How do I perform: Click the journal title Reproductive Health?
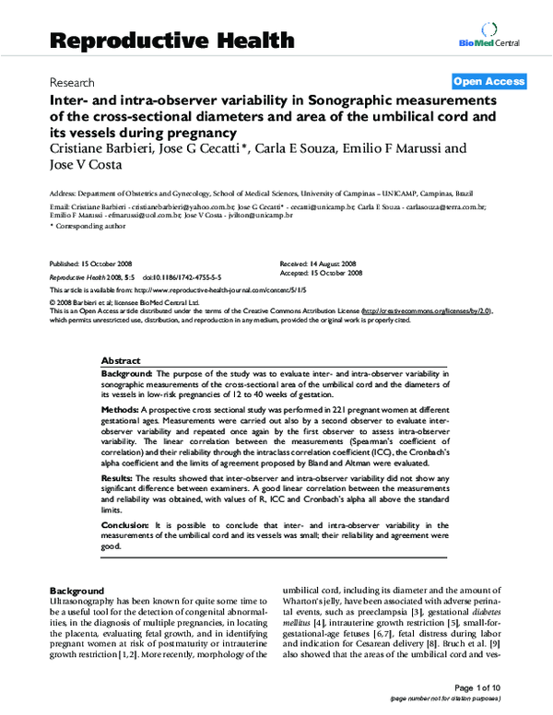click(171, 40)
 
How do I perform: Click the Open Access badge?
click(489, 81)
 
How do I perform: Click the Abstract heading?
click(121, 361)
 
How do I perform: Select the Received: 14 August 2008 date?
click(320, 264)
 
